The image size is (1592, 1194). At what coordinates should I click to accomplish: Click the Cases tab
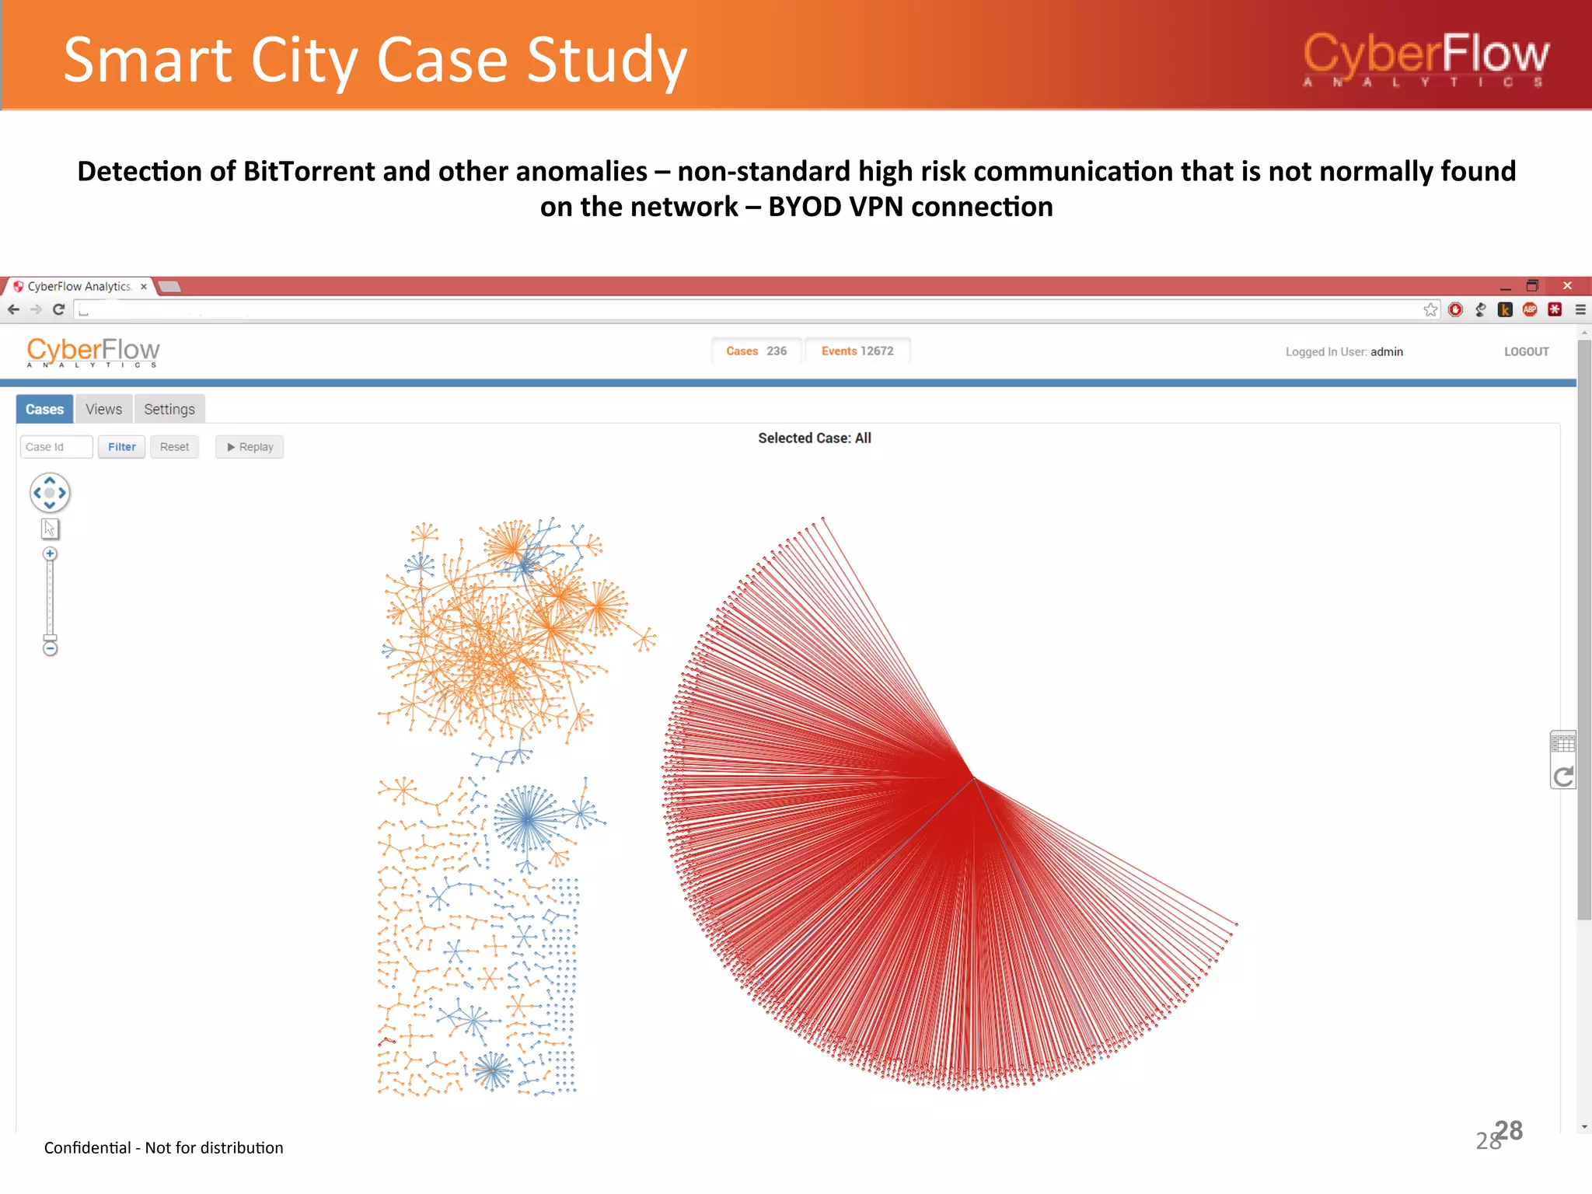tap(44, 409)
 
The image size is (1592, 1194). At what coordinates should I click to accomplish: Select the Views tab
tap(103, 409)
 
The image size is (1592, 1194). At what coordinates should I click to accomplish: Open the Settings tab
tap(169, 409)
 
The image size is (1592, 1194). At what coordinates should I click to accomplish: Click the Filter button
tap(121, 447)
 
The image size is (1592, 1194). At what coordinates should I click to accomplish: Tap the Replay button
tap(250, 447)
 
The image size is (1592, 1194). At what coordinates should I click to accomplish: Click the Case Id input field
tap(56, 447)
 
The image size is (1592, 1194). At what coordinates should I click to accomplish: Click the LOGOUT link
tap(1526, 351)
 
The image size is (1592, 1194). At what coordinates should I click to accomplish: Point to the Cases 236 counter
tap(756, 351)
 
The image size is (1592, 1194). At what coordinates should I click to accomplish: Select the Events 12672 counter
tap(857, 351)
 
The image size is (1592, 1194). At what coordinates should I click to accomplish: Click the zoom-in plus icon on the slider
tap(50, 554)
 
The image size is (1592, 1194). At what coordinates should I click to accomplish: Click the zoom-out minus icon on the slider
tap(50, 648)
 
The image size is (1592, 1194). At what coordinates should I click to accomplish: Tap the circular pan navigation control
tap(50, 493)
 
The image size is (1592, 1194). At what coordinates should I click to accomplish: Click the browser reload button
tap(58, 309)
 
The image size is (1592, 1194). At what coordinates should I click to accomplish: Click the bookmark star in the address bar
tap(1430, 309)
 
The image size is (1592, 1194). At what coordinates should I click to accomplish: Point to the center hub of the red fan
tap(973, 777)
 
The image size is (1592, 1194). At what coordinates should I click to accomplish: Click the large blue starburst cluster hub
tap(528, 819)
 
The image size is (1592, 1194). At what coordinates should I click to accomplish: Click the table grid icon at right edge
tap(1562, 743)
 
